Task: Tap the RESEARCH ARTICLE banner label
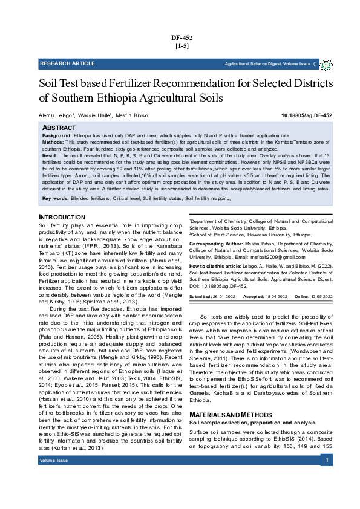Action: [x=67, y=63]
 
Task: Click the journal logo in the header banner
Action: [x=326, y=63]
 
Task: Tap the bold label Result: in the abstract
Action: [x=50, y=155]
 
